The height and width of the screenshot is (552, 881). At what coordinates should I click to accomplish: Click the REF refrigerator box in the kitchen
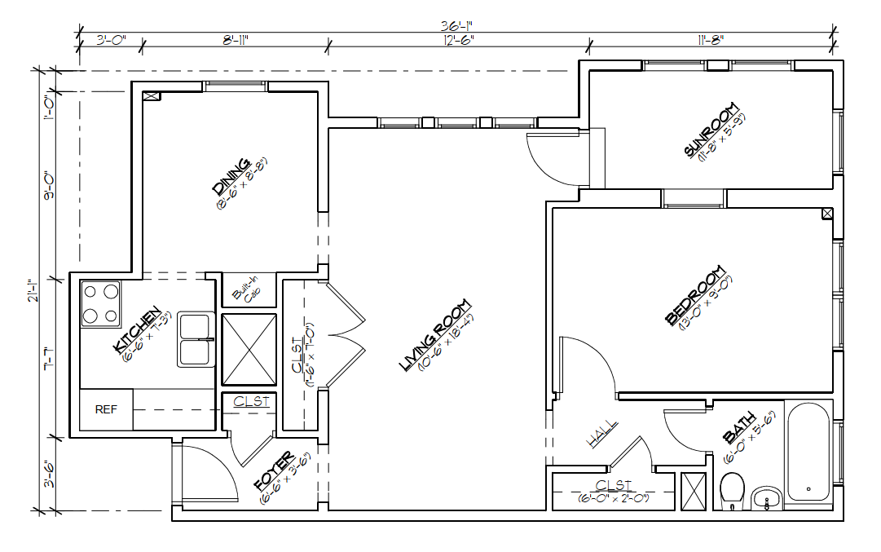pyautogui.click(x=106, y=410)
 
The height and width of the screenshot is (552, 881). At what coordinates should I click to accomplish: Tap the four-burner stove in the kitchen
pyautogui.click(x=100, y=303)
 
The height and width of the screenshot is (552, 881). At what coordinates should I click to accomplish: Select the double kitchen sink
pyautogui.click(x=196, y=339)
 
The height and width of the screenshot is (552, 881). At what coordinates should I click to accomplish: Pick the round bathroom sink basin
pyautogui.click(x=766, y=497)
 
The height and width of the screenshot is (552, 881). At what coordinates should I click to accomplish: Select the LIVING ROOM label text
pyautogui.click(x=435, y=336)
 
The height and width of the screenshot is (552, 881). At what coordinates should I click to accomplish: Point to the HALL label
pyautogui.click(x=602, y=434)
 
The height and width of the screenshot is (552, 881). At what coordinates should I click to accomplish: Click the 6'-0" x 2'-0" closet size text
pyautogui.click(x=613, y=497)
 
